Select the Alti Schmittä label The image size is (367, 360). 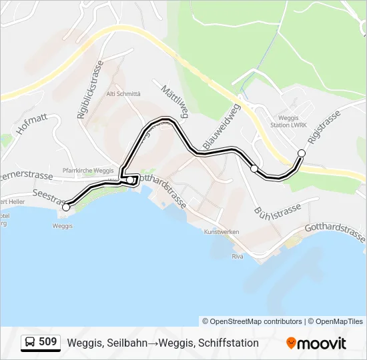click(x=123, y=94)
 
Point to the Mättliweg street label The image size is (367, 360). click(x=172, y=99)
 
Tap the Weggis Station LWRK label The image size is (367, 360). click(x=292, y=122)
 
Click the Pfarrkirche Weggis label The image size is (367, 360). click(x=88, y=171)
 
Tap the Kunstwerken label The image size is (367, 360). click(x=221, y=233)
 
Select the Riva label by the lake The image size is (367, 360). click(x=237, y=256)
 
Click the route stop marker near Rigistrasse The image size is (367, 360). click(x=301, y=153)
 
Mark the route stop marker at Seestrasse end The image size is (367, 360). click(x=65, y=207)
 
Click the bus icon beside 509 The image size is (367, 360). click(x=30, y=343)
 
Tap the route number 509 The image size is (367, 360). click(x=47, y=343)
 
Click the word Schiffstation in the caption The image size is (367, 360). click(x=226, y=343)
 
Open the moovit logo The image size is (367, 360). click(x=316, y=343)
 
